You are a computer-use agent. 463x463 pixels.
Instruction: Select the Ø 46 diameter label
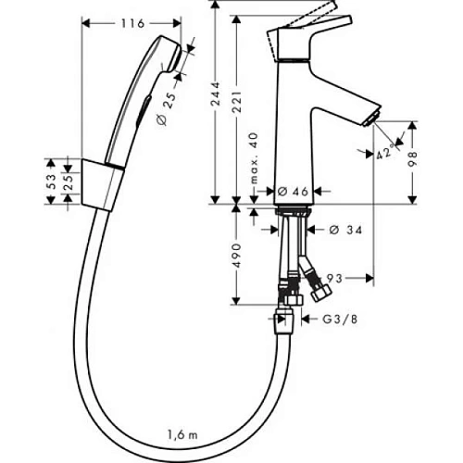coord(294,190)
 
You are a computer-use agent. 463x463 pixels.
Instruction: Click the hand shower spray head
coord(170,52)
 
